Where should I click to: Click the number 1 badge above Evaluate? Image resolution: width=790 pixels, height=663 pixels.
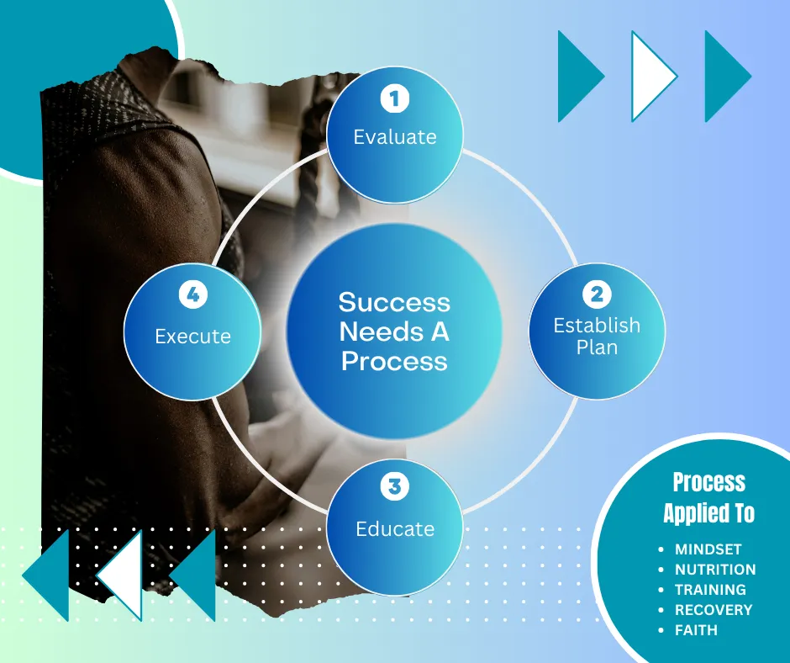click(x=394, y=98)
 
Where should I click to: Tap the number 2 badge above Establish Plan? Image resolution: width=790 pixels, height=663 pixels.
click(x=597, y=294)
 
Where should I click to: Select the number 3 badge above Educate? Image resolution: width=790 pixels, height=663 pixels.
click(x=394, y=486)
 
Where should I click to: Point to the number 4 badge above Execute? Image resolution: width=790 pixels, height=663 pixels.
click(x=193, y=294)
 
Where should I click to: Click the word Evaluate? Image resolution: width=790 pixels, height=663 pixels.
click(x=395, y=137)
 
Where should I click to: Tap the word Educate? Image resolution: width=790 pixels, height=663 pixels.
click(x=395, y=528)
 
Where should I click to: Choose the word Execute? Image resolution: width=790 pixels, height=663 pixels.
click(x=193, y=337)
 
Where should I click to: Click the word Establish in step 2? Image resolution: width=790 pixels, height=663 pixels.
click(x=597, y=326)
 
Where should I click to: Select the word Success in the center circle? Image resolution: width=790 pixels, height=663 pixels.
click(x=394, y=302)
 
